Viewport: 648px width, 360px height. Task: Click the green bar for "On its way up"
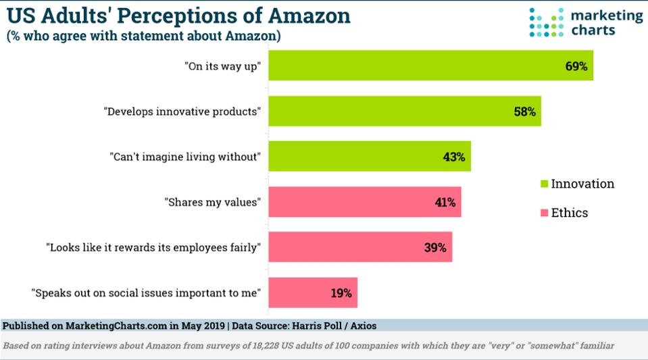(430, 66)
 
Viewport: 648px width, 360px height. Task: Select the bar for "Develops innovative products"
(404, 111)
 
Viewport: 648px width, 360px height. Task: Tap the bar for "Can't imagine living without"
(369, 157)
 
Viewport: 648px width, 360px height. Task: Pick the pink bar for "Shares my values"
(364, 202)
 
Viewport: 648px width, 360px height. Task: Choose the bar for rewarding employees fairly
(359, 247)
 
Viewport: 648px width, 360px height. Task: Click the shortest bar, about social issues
(312, 292)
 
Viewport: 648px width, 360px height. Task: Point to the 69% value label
(577, 66)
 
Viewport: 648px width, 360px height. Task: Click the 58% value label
(524, 112)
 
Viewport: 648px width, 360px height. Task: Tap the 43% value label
(454, 157)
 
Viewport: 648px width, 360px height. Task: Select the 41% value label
(445, 203)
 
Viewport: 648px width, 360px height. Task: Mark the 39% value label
(435, 248)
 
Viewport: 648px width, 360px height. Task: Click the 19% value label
(341, 293)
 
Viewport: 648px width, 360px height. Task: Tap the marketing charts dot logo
(546, 22)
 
